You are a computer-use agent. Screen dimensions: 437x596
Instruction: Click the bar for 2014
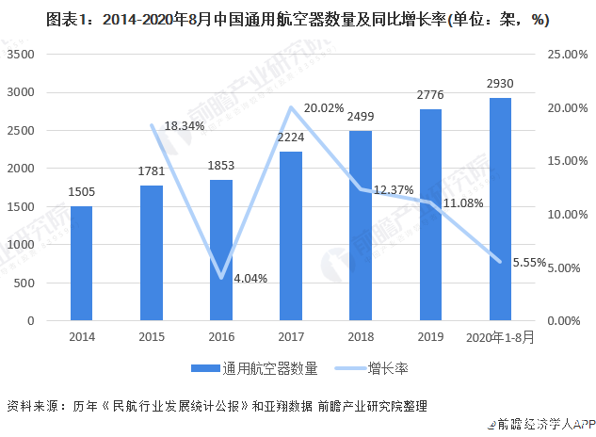81,264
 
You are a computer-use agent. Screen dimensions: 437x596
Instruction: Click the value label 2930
499,85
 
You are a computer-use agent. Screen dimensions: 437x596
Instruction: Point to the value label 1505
82,193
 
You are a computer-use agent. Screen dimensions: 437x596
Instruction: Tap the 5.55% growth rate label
528,264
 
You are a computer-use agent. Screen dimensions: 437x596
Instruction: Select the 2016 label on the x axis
220,335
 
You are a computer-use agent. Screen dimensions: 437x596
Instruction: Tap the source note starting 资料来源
217,406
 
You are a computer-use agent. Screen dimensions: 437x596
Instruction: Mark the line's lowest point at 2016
220,278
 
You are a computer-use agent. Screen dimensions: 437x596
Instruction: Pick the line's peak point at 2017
290,107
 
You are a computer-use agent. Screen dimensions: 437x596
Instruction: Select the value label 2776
429,97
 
